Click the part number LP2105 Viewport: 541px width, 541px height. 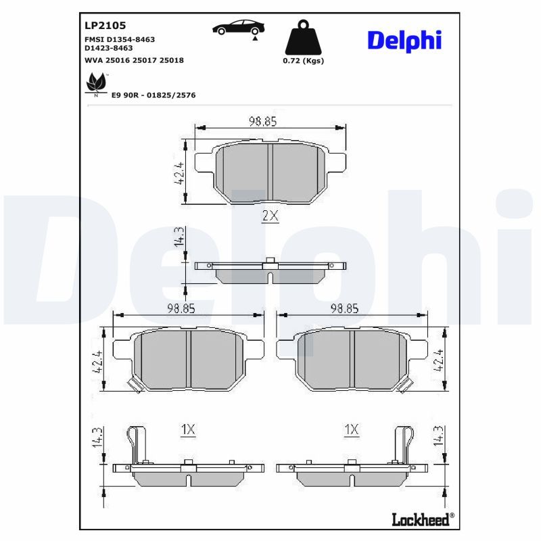click(105, 25)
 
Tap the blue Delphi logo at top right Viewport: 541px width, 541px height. click(404, 41)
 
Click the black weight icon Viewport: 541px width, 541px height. click(303, 37)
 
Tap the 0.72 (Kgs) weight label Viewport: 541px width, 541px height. click(303, 61)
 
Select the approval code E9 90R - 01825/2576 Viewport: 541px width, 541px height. click(154, 95)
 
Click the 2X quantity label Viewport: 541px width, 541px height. click(270, 216)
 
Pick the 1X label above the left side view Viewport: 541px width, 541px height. click(188, 429)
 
